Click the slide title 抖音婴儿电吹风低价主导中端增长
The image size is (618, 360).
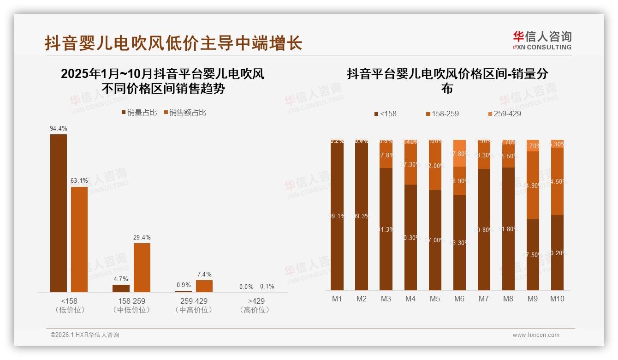point(173,43)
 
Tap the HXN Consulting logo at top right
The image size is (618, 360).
point(542,41)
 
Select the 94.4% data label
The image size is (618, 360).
point(59,128)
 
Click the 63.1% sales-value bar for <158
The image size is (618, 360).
point(79,239)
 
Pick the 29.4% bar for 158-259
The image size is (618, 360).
point(142,267)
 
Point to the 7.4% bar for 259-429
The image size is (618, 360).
point(204,286)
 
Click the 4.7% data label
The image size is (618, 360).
point(121,279)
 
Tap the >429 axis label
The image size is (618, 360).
point(256,301)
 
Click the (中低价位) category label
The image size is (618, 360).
point(131,310)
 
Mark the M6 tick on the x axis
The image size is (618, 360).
point(459,299)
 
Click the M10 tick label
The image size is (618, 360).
point(557,299)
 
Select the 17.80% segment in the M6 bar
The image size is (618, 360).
point(459,153)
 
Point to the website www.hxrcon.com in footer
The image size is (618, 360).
point(536,335)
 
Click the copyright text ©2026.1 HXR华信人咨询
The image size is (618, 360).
point(85,335)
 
